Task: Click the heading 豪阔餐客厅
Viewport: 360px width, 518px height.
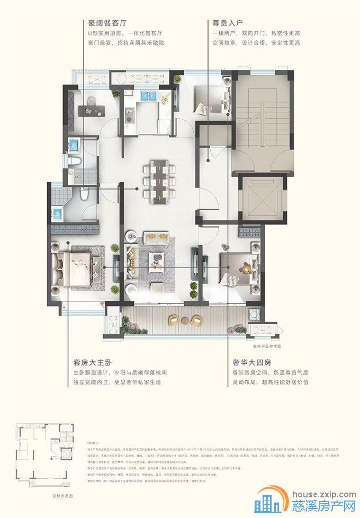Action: pos(108,23)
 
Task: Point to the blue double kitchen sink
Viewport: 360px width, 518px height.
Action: pos(147,96)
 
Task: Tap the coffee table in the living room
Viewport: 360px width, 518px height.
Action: pos(157,258)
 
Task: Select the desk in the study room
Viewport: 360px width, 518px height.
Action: pos(92,110)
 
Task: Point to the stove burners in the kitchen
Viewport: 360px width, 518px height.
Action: pos(128,112)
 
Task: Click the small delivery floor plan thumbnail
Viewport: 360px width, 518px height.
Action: pos(44,456)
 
